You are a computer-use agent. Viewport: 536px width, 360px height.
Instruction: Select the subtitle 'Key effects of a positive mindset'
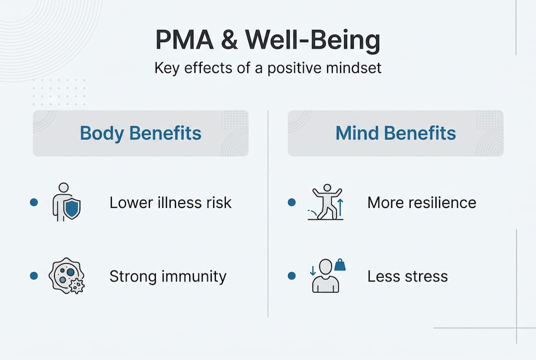[267, 67]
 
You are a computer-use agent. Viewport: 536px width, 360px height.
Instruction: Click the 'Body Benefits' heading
[140, 133]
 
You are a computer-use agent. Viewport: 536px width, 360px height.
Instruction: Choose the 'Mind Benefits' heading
[395, 133]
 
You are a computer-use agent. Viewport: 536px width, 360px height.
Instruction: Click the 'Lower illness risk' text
[170, 202]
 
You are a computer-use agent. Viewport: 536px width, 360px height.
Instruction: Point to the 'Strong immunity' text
[168, 276]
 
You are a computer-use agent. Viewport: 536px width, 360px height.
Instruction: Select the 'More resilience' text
[422, 202]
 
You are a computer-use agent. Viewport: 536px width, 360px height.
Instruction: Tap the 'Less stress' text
[408, 276]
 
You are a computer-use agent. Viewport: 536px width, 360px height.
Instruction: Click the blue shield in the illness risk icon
[72, 209]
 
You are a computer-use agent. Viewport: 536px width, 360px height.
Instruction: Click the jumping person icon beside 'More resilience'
[325, 202]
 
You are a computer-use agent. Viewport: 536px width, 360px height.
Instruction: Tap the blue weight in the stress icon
[340, 265]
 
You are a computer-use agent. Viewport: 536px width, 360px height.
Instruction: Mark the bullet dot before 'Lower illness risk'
[34, 202]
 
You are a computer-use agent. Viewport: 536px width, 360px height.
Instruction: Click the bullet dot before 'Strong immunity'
[34, 275]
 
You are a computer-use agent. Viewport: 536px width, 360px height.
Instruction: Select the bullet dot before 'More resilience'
[292, 202]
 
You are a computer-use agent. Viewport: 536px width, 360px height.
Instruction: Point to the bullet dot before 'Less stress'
[292, 275]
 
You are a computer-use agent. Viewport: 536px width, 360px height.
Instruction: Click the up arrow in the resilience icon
[340, 206]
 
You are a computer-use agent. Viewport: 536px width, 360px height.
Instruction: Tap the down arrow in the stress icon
[313, 270]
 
